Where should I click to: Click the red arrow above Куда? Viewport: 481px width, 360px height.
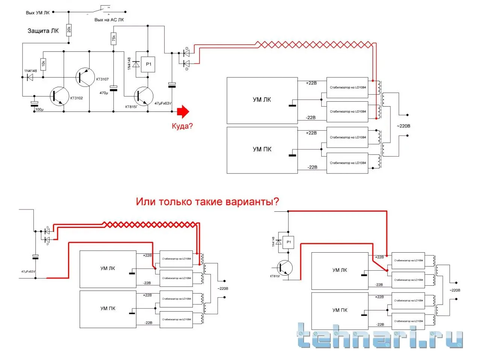click(183, 111)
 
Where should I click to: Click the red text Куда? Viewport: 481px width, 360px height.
click(182, 126)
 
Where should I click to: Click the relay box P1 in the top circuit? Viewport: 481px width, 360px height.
click(148, 64)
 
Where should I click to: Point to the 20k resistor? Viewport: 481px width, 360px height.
click(69, 29)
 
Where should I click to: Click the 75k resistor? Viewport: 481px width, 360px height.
click(113, 38)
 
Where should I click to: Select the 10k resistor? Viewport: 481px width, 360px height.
click(43, 64)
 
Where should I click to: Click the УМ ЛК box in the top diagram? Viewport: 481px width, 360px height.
click(262, 100)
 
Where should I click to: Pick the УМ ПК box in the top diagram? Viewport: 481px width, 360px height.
click(262, 150)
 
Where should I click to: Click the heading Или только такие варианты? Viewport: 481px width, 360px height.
click(207, 202)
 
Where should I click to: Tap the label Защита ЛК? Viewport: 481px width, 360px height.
click(43, 31)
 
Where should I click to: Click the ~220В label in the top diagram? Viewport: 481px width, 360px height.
click(403, 126)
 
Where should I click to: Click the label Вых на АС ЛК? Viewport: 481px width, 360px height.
click(109, 20)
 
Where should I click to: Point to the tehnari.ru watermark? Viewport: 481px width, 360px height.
click(380, 335)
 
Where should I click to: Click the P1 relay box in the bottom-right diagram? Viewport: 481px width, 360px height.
click(288, 242)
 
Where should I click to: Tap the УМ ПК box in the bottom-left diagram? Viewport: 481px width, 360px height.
click(108, 309)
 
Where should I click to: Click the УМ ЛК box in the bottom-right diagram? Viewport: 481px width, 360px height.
click(340, 271)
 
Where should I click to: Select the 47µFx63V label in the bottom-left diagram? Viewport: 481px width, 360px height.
click(28, 271)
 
